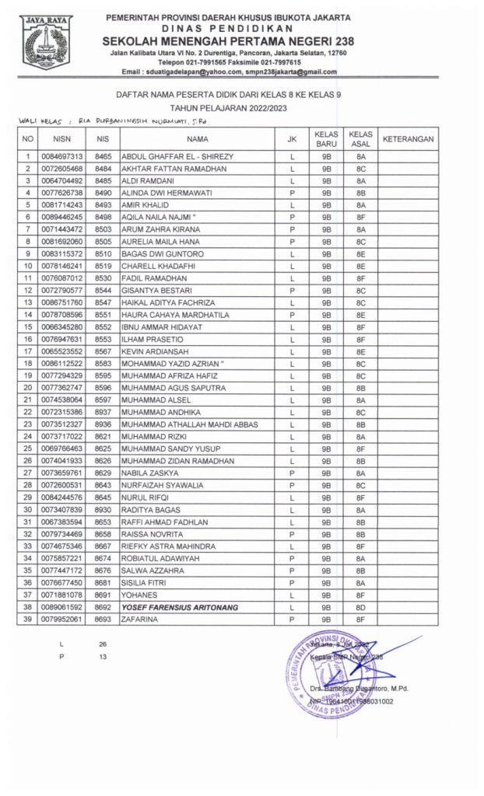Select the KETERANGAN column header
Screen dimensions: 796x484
tap(409, 139)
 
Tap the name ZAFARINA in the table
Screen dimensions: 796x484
tap(142, 620)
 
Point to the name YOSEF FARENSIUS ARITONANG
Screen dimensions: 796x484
tap(179, 607)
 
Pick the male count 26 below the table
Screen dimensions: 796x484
tap(103, 644)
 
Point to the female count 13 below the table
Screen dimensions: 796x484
tap(103, 657)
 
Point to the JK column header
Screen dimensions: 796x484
tap(291, 139)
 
